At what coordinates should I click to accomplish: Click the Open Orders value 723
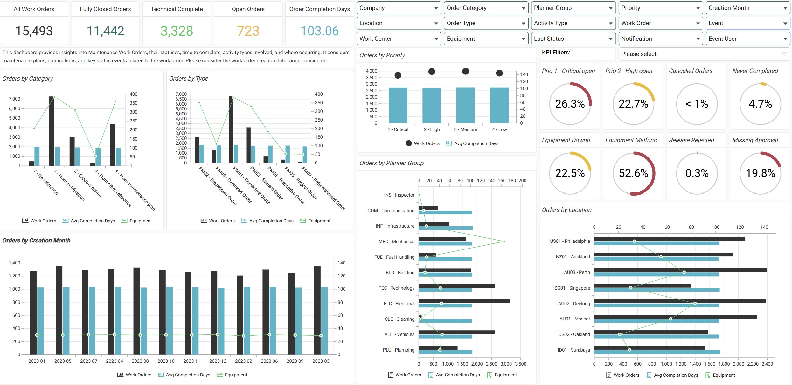[248, 31]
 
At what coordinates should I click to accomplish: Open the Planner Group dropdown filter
[573, 8]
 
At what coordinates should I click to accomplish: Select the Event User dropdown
[747, 39]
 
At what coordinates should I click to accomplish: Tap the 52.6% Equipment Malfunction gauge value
[633, 173]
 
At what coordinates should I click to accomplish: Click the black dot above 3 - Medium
[465, 71]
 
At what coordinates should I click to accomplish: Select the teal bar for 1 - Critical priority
[398, 105]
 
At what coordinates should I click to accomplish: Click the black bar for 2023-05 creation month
[59, 310]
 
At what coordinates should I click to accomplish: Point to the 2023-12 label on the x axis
[218, 361]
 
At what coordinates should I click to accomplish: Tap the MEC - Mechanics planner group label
[396, 241]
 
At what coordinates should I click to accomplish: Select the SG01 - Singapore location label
[572, 288]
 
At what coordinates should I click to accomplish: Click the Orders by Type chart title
[188, 79]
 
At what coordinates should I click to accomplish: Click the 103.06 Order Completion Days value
[319, 31]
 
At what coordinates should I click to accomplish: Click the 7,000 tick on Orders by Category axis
[15, 99]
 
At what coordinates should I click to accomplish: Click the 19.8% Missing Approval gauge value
[760, 173]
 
